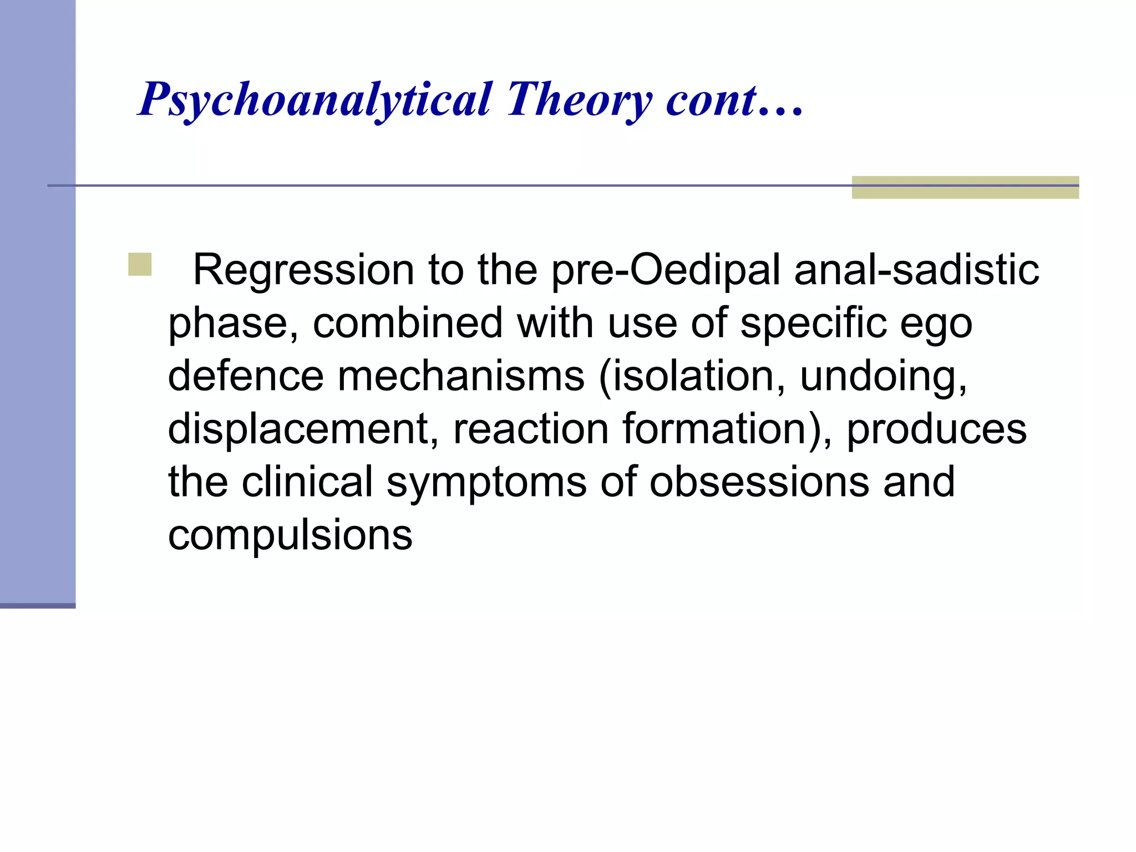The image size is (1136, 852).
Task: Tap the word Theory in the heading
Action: tap(579, 100)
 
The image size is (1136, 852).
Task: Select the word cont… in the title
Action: tap(734, 100)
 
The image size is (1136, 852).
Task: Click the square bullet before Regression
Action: tap(140, 265)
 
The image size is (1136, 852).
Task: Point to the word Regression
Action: tap(303, 270)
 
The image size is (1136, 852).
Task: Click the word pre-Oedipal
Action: tap(666, 270)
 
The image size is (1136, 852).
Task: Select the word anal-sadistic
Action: tap(916, 270)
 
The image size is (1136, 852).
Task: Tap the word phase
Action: tap(234, 323)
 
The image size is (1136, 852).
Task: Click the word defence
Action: tap(246, 376)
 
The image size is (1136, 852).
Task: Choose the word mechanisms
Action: tap(461, 376)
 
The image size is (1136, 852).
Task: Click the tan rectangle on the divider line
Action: tap(965, 187)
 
